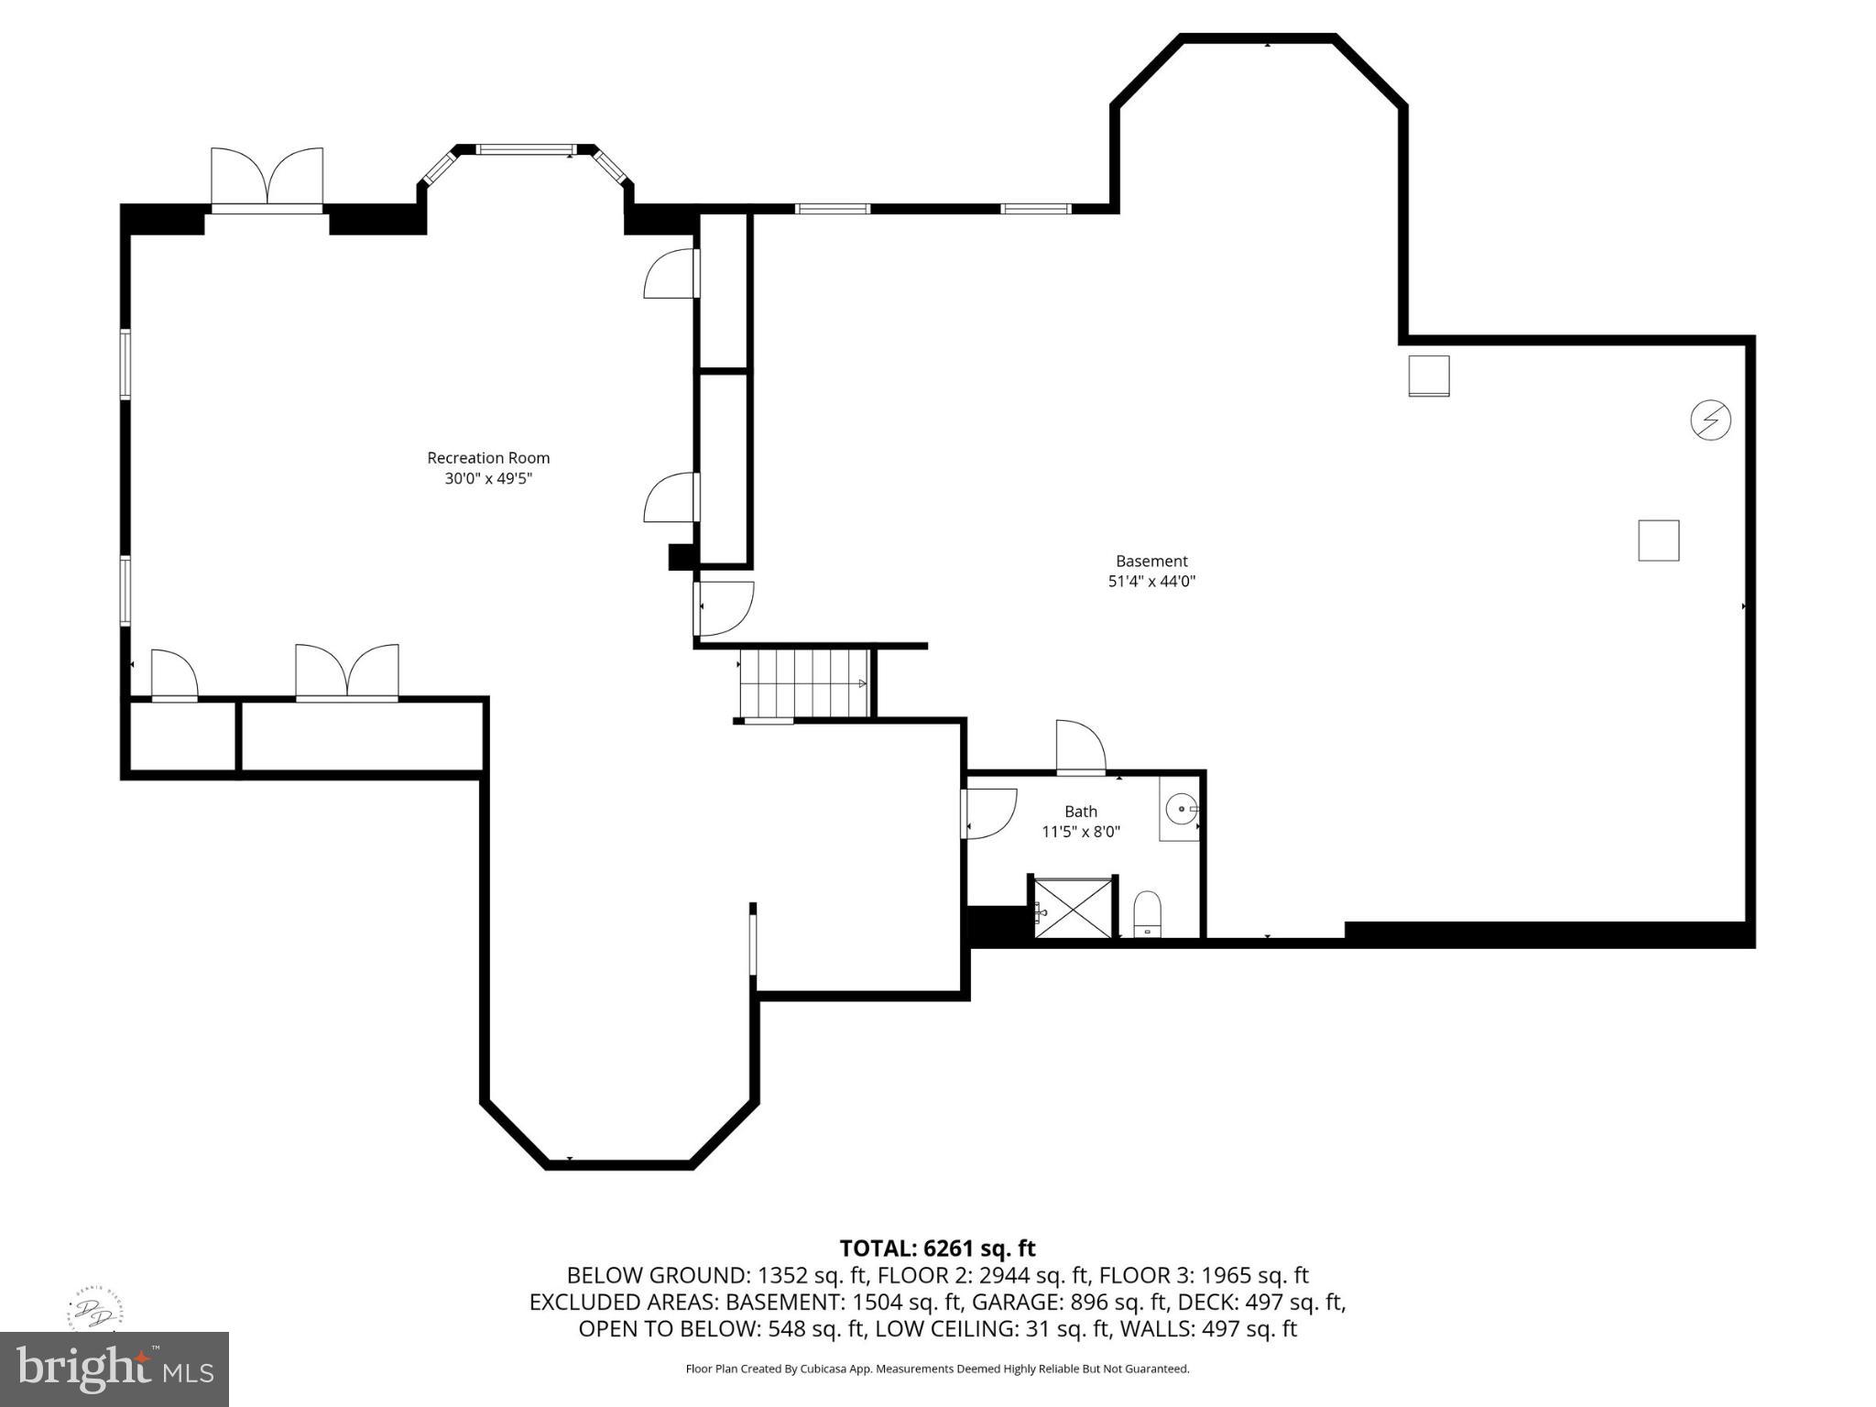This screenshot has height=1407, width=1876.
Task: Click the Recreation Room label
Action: (488, 458)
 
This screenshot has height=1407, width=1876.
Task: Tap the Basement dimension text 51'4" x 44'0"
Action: (1151, 581)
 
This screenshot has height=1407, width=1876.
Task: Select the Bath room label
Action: (1080, 812)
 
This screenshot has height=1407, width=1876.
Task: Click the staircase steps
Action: (803, 683)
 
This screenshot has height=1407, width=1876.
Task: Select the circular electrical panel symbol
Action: (1709, 420)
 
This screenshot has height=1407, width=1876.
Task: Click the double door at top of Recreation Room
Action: (267, 178)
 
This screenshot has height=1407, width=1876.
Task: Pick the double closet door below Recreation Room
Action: (346, 673)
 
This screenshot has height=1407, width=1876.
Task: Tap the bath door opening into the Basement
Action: (1080, 747)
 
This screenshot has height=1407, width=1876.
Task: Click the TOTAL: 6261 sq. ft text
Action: (937, 1249)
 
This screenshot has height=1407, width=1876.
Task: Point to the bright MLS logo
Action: (115, 1369)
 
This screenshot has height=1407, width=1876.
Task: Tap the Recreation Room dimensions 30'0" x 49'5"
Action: (488, 478)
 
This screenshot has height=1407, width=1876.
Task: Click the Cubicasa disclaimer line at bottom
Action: (937, 1369)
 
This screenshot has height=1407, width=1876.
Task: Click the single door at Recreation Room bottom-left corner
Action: (174, 676)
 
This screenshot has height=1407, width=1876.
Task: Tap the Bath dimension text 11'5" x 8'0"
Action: (1080, 832)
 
